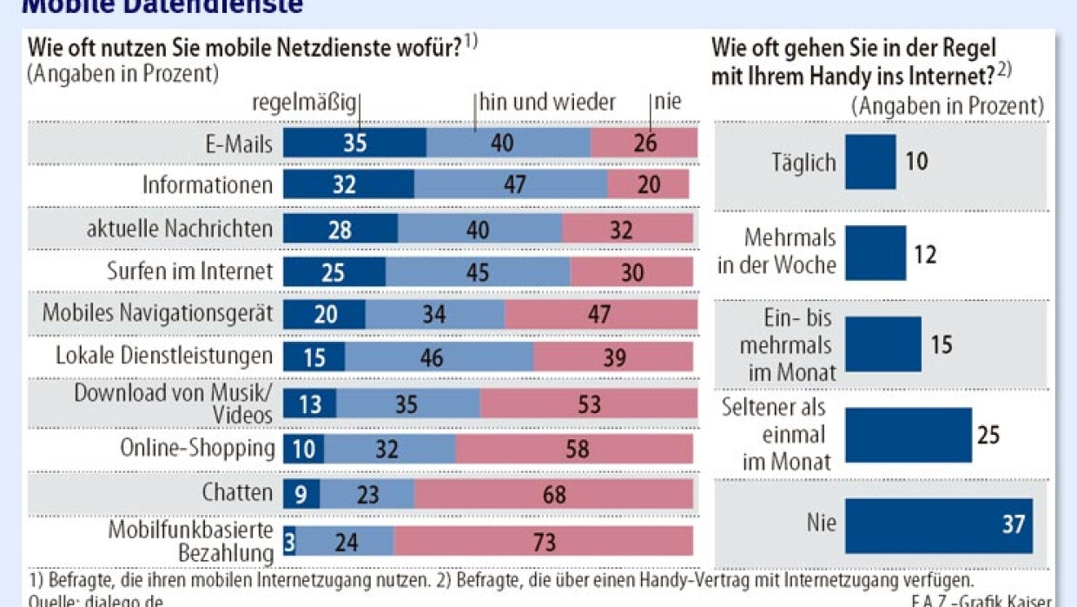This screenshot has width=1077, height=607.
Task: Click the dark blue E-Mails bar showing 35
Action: (354, 143)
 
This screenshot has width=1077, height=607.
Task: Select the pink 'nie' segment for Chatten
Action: (553, 494)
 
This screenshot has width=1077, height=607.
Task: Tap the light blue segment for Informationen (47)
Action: (511, 184)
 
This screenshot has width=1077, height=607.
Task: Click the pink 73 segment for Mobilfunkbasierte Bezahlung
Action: (544, 540)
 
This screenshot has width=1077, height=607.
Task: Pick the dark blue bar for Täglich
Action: (870, 162)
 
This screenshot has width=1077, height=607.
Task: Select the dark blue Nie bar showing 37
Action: (938, 525)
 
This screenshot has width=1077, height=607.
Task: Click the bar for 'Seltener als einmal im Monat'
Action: (909, 434)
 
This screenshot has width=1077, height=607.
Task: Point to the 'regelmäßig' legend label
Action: (304, 103)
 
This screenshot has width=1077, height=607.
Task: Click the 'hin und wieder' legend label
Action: (548, 103)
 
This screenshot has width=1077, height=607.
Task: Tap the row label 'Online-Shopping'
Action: (197, 448)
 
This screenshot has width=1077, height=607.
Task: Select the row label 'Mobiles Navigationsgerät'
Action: (157, 313)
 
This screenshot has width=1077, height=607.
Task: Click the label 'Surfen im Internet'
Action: (189, 270)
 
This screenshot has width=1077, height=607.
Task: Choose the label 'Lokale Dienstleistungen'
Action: (164, 356)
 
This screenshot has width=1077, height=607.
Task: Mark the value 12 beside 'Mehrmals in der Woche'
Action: (925, 255)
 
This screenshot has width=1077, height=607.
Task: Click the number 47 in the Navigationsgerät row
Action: (599, 314)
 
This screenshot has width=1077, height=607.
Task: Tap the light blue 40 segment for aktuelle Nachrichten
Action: (479, 229)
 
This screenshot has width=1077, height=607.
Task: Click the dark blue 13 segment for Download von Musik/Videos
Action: (310, 404)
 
